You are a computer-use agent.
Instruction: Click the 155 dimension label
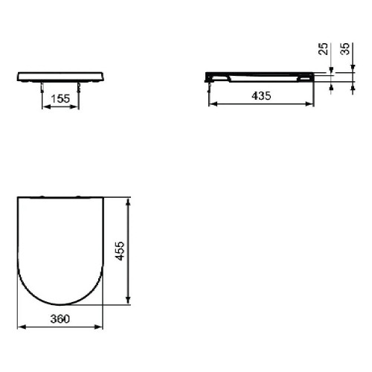pyautogui.click(x=60, y=99)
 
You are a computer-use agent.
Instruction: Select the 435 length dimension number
pyautogui.click(x=261, y=96)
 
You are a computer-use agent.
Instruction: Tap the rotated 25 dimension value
pyautogui.click(x=323, y=49)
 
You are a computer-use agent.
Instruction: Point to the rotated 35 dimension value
pyautogui.click(x=345, y=49)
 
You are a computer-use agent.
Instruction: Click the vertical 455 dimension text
pyautogui.click(x=121, y=251)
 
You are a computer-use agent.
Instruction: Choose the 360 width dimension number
pyautogui.click(x=60, y=319)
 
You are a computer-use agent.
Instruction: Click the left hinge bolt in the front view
pyautogui.click(x=42, y=88)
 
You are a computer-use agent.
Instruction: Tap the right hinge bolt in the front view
pyautogui.click(x=79, y=88)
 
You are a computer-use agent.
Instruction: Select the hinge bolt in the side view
pyautogui.click(x=210, y=88)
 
